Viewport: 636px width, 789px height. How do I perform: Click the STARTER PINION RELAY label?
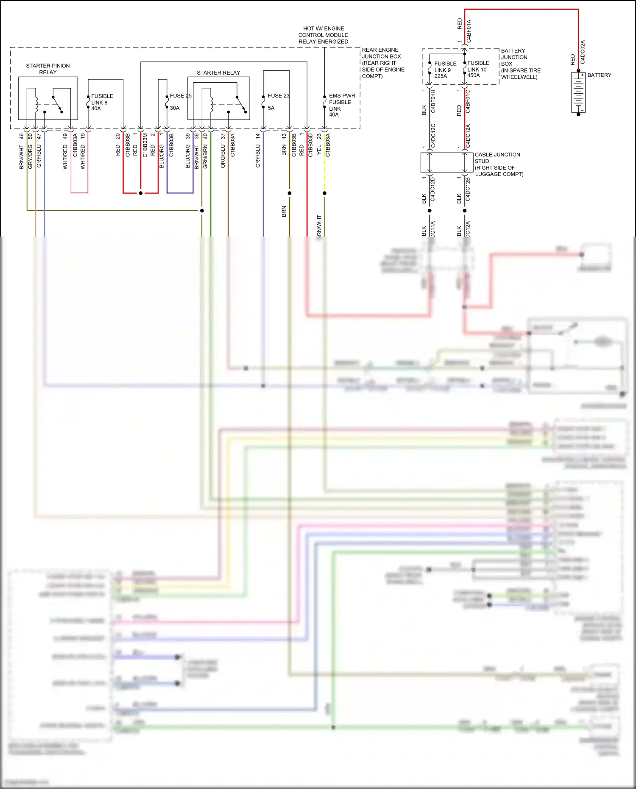pyautogui.click(x=47, y=69)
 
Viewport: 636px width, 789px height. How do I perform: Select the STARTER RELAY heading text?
pyautogui.click(x=218, y=72)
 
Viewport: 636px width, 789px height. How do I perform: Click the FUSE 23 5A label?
pyautogui.click(x=278, y=101)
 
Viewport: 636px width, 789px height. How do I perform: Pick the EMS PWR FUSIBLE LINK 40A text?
pyautogui.click(x=341, y=105)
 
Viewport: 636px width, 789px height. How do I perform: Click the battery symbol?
pyautogui.click(x=578, y=92)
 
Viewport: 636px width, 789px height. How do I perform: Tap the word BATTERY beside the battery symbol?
pyautogui.click(x=599, y=75)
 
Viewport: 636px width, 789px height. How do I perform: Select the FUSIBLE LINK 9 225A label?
pyautogui.click(x=445, y=70)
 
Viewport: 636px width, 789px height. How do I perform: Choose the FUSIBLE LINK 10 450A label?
pyautogui.click(x=478, y=69)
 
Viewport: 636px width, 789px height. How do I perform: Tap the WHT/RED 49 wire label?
pyautogui.click(x=65, y=153)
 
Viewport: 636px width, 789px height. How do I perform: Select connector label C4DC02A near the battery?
pyautogui.click(x=582, y=52)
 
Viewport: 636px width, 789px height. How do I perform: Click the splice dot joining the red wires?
pyautogui.click(x=141, y=193)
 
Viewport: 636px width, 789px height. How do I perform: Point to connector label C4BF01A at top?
pyautogui.click(x=469, y=31)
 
